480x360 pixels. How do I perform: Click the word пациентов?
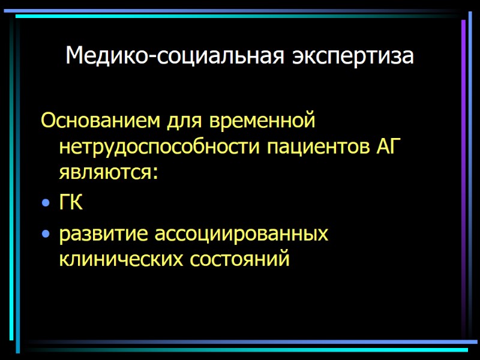(310, 148)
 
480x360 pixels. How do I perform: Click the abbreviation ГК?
(71, 203)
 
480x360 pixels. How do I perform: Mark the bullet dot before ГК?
(46, 205)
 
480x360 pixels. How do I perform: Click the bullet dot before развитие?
(46, 233)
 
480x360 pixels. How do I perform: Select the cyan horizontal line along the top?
(240, 16)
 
